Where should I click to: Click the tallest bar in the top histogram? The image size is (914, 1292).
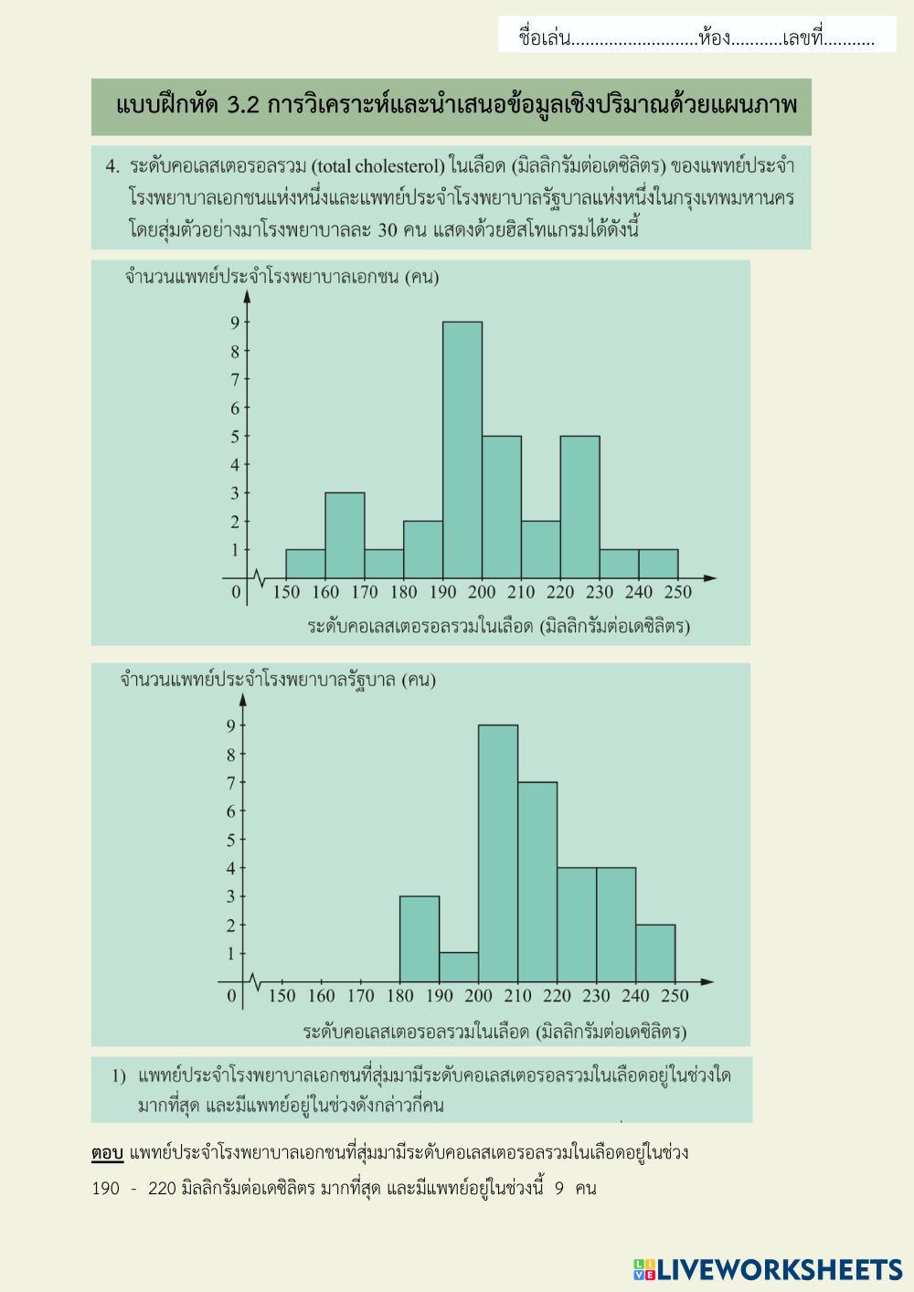coord(462,450)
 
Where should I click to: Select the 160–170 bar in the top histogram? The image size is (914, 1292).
coord(345,535)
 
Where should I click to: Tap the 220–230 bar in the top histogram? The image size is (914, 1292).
coord(579,507)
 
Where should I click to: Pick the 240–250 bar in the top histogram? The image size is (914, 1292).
coord(658,564)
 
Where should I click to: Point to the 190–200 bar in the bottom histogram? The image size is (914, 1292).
coord(459,968)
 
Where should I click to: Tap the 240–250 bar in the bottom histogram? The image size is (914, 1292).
coord(655,953)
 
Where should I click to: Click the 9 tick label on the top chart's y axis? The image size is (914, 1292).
coord(235,323)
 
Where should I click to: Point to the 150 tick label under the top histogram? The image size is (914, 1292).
coord(286,592)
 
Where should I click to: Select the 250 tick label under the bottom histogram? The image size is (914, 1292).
coord(675,996)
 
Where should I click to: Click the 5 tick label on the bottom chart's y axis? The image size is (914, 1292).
coord(231,840)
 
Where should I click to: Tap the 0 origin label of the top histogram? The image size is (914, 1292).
coord(236,593)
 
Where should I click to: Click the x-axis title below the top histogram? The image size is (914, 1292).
coord(498,627)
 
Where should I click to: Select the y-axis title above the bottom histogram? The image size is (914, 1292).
coord(278,680)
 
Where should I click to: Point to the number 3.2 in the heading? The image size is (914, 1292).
coord(242,105)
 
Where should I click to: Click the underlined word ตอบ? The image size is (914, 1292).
coord(107,1153)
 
